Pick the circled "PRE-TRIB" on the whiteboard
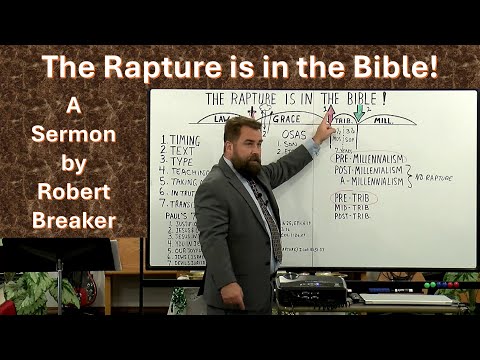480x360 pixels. [355, 199]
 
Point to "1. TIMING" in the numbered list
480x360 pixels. [180, 138]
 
